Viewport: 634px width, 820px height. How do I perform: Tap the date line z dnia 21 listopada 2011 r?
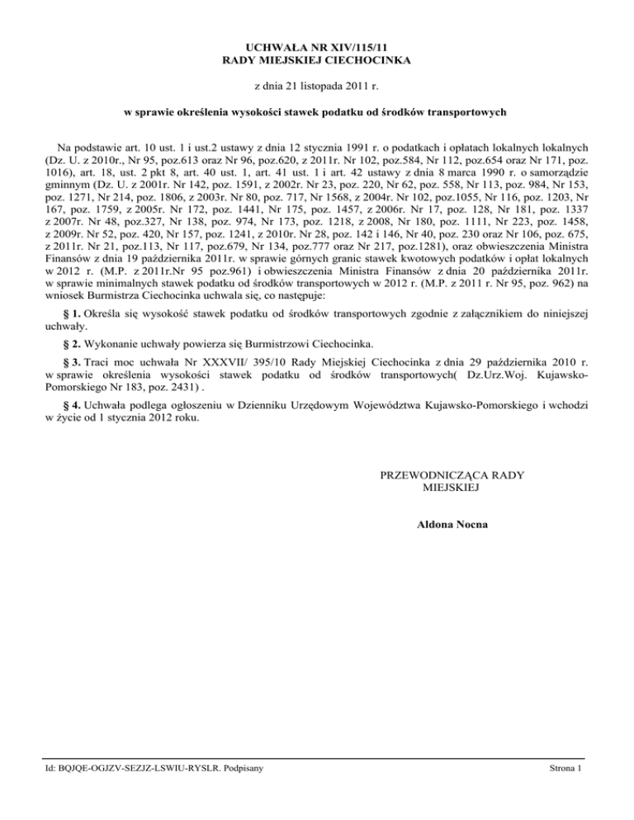click(318, 85)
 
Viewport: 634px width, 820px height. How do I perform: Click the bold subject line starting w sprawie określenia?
click(318, 111)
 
